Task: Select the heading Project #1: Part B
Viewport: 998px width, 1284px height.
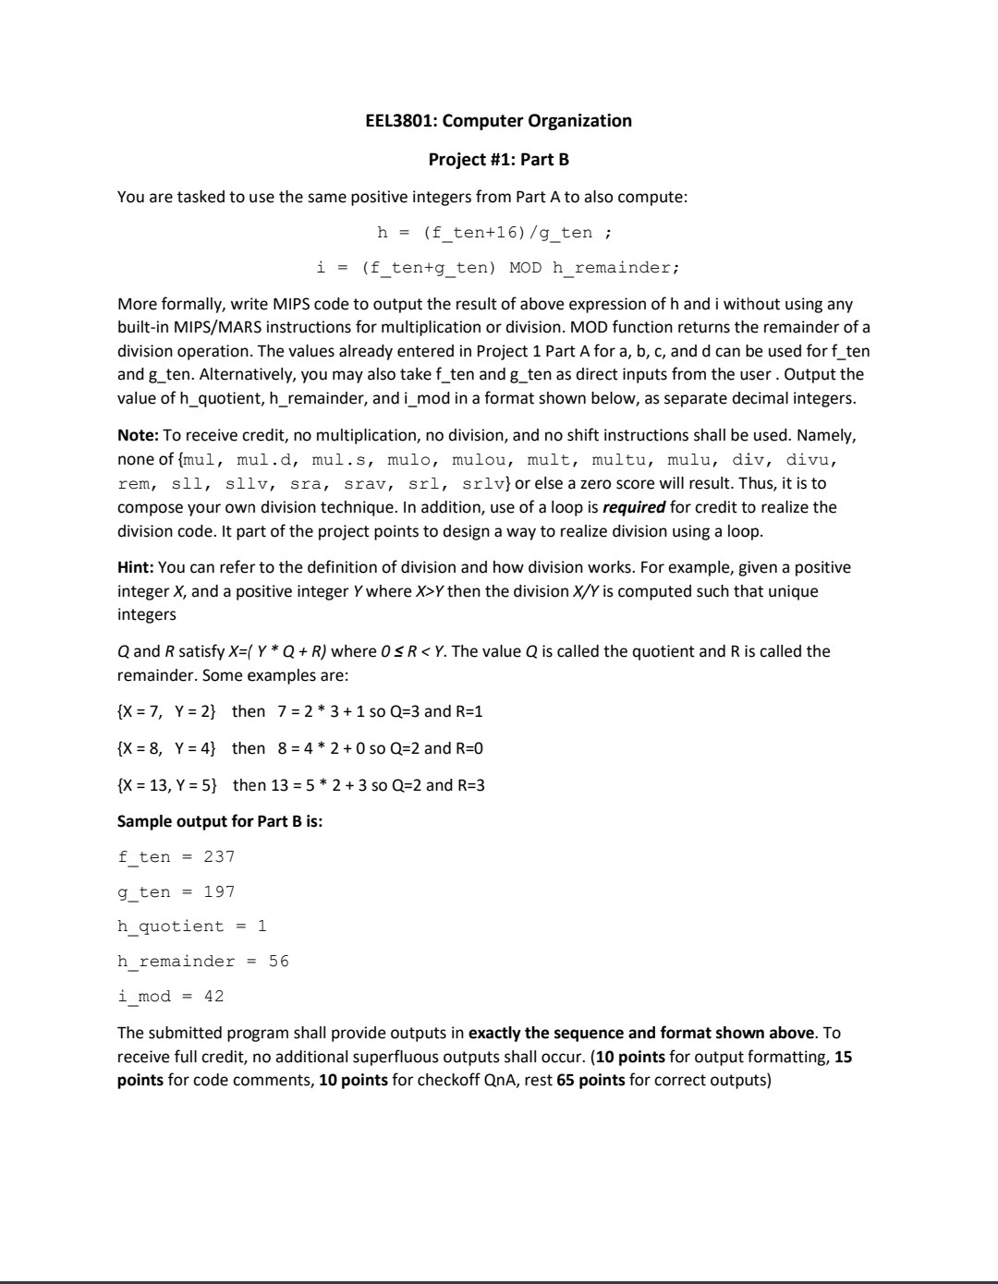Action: tap(499, 160)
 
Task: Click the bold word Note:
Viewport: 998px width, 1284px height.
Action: tap(138, 435)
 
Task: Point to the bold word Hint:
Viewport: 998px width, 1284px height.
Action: tap(136, 567)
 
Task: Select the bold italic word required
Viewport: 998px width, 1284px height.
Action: tap(633, 507)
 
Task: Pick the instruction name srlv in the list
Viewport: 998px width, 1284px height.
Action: tap(487, 483)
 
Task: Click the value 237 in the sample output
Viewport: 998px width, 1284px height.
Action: tap(219, 856)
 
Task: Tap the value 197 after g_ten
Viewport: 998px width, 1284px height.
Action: tap(219, 891)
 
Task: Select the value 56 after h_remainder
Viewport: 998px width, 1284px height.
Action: tap(278, 962)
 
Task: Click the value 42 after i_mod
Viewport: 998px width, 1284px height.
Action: tap(213, 996)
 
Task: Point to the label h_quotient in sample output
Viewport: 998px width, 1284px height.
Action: tap(171, 927)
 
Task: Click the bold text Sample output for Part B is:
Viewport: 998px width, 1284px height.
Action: tap(220, 820)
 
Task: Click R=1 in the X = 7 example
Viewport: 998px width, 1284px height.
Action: tap(469, 711)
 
